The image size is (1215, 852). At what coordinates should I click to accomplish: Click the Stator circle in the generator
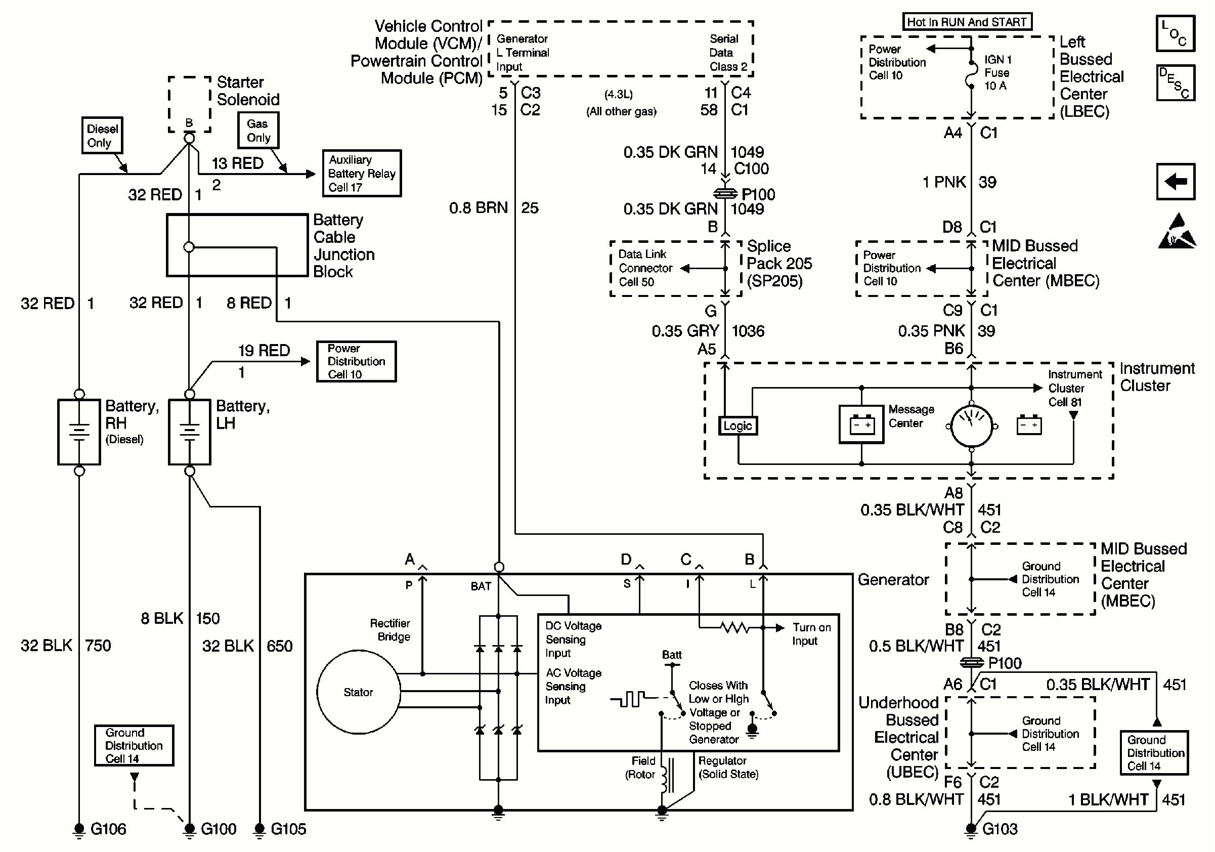[358, 692]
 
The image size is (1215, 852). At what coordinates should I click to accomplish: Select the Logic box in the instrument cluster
[737, 425]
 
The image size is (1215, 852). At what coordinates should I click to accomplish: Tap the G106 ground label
[108, 829]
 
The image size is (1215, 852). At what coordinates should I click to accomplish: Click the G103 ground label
[1000, 829]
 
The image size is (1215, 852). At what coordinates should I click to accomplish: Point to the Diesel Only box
[102, 136]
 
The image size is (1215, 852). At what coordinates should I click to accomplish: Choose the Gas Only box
[258, 130]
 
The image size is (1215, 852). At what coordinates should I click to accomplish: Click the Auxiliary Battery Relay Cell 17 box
[362, 173]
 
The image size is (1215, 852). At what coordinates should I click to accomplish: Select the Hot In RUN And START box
[966, 22]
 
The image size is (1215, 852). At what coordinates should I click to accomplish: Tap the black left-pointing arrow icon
[1176, 182]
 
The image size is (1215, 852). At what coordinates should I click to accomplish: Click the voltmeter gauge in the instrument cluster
[971, 426]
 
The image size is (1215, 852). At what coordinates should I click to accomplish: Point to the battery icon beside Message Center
[861, 424]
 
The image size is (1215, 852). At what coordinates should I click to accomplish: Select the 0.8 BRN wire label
[478, 208]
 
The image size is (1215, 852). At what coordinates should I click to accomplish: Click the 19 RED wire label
[264, 350]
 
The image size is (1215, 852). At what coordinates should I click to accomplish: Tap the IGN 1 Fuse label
[997, 72]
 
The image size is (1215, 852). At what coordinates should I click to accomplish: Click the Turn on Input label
[811, 634]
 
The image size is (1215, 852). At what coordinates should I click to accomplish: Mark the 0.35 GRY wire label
[685, 331]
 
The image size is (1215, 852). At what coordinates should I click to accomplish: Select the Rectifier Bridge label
[390, 630]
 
